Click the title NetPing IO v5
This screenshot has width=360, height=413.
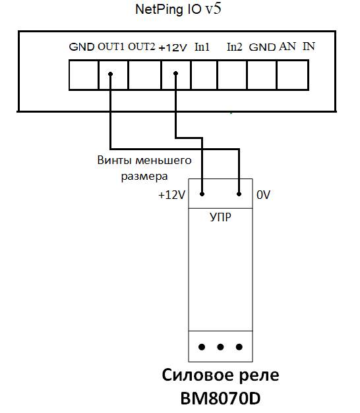click(178, 9)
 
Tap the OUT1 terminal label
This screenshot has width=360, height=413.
click(111, 47)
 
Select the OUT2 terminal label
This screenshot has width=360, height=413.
click(142, 47)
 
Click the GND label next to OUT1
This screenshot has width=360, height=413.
click(82, 47)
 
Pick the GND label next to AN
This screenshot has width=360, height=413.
click(262, 47)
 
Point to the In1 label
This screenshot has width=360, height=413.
click(202, 47)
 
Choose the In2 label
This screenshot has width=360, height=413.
click(235, 47)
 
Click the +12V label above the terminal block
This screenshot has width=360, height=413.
click(173, 47)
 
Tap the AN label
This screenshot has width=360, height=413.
click(287, 47)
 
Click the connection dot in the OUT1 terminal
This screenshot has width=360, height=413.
click(111, 74)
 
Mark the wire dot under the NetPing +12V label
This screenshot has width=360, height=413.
click(175, 74)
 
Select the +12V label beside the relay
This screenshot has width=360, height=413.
click(171, 195)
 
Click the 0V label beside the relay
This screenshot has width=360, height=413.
click(263, 195)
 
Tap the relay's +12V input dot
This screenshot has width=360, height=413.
click(202, 194)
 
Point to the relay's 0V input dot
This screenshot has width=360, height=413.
click(239, 194)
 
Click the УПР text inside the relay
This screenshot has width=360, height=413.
click(220, 217)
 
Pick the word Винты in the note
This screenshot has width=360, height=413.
click(114, 160)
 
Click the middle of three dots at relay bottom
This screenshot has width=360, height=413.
click(220, 347)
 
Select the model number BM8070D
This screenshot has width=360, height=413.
click(220, 399)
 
